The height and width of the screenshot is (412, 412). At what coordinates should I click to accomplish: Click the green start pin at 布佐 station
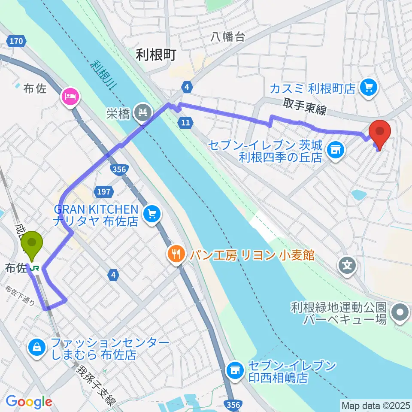(x=32, y=243)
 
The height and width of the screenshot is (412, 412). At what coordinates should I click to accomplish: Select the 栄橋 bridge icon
(x=142, y=113)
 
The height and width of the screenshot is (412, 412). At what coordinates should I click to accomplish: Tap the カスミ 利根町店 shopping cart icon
(x=368, y=88)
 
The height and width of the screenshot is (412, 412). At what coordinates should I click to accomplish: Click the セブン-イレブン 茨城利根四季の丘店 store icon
(x=334, y=149)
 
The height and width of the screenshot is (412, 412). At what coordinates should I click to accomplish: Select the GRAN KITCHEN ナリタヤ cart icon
(x=151, y=213)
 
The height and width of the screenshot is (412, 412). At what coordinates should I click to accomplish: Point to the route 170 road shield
(x=15, y=41)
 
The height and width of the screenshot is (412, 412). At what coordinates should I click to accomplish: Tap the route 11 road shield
(x=185, y=123)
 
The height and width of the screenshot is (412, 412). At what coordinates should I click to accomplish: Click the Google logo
(x=29, y=402)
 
